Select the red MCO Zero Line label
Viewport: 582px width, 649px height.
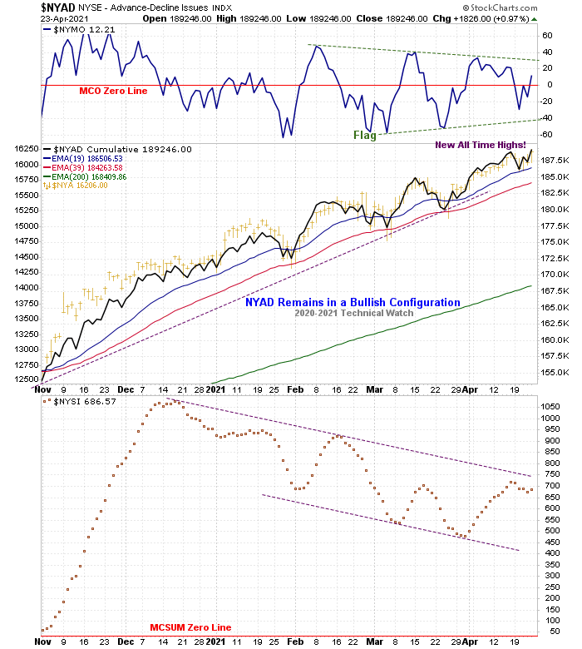pyautogui.click(x=113, y=91)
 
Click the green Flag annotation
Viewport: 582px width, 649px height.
pyautogui.click(x=365, y=135)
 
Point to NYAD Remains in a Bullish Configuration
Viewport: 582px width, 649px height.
pyautogui.click(x=353, y=303)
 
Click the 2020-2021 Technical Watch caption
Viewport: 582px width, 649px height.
pyautogui.click(x=353, y=314)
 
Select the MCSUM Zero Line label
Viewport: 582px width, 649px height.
pyautogui.click(x=190, y=627)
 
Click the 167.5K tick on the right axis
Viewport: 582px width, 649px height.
pyautogui.click(x=555, y=290)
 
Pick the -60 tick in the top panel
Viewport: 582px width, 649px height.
pyautogui.click(x=547, y=133)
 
